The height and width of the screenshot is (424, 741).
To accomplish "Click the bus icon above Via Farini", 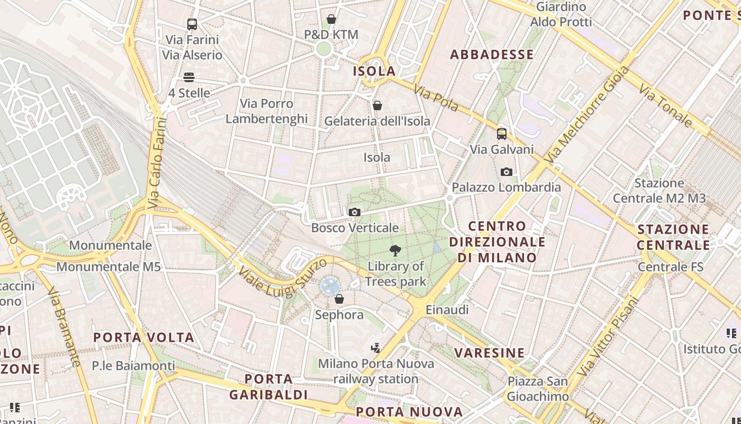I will [x=192, y=24].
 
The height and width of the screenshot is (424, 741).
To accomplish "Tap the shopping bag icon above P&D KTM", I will [x=331, y=20].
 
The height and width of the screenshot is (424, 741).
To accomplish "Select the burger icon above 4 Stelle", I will [x=189, y=77].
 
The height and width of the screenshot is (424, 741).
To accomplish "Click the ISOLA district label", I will [x=374, y=71].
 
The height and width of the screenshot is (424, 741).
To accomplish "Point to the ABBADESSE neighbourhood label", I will [x=492, y=55].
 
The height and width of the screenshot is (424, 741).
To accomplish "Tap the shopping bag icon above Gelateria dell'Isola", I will [x=377, y=105].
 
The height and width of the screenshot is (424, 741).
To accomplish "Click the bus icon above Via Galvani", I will [x=502, y=134].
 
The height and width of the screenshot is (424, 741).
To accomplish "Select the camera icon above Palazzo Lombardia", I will [x=507, y=172].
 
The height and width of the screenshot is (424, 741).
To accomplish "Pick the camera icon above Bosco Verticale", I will [x=355, y=213].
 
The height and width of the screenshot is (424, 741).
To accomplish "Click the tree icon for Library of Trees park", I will [x=395, y=251].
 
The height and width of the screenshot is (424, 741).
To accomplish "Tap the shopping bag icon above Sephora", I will [x=339, y=299].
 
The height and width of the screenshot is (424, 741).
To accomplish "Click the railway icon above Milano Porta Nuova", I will [x=376, y=348].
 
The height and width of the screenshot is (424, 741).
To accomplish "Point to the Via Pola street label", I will [x=436, y=99].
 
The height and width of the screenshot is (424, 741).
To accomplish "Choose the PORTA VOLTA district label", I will [x=144, y=338].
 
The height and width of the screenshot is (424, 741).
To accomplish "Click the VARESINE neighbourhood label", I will [x=490, y=353].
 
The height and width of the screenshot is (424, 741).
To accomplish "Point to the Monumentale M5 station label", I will [x=109, y=267].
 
